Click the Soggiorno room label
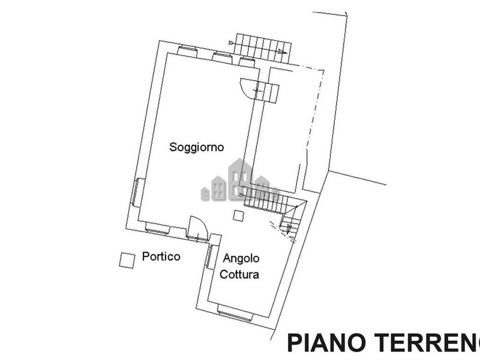click(x=197, y=147)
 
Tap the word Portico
click(x=161, y=256)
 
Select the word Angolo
click(x=241, y=259)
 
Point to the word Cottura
click(x=239, y=274)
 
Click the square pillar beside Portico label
click(x=127, y=260)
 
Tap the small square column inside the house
click(x=238, y=215)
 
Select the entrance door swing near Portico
click(x=198, y=228)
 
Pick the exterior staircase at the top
click(x=263, y=49)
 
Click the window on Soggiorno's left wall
click(x=134, y=192)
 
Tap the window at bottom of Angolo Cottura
click(x=235, y=313)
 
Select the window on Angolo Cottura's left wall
click(x=209, y=257)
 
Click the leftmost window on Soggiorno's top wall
click(x=187, y=51)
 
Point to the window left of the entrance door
click(x=157, y=229)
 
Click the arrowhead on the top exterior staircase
click(x=284, y=52)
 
